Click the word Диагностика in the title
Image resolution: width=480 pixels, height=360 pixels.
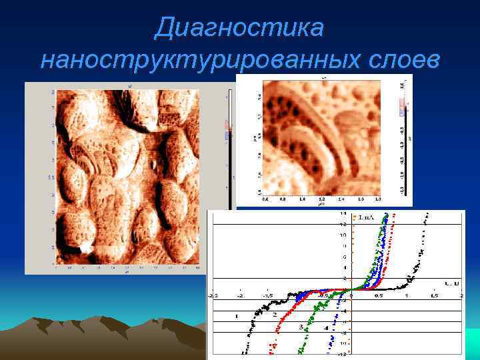pyautogui.click(x=239, y=28)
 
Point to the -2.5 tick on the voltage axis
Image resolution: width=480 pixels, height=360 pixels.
pyautogui.click(x=212, y=294)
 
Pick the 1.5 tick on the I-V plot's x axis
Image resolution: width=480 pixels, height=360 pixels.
pyautogui.click(x=433, y=294)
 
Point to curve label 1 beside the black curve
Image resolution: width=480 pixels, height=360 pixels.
pyautogui.click(x=236, y=315)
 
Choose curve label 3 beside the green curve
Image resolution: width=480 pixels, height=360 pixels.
pyautogui.click(x=301, y=327)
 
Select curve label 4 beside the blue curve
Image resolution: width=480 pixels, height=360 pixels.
pyautogui.click(x=325, y=329)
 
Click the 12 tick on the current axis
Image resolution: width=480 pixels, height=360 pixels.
pyautogui.click(x=343, y=224)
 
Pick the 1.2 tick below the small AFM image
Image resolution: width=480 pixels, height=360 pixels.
pyautogui.click(x=321, y=199)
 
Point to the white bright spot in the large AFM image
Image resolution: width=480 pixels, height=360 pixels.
pyautogui.click(x=85, y=249)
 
